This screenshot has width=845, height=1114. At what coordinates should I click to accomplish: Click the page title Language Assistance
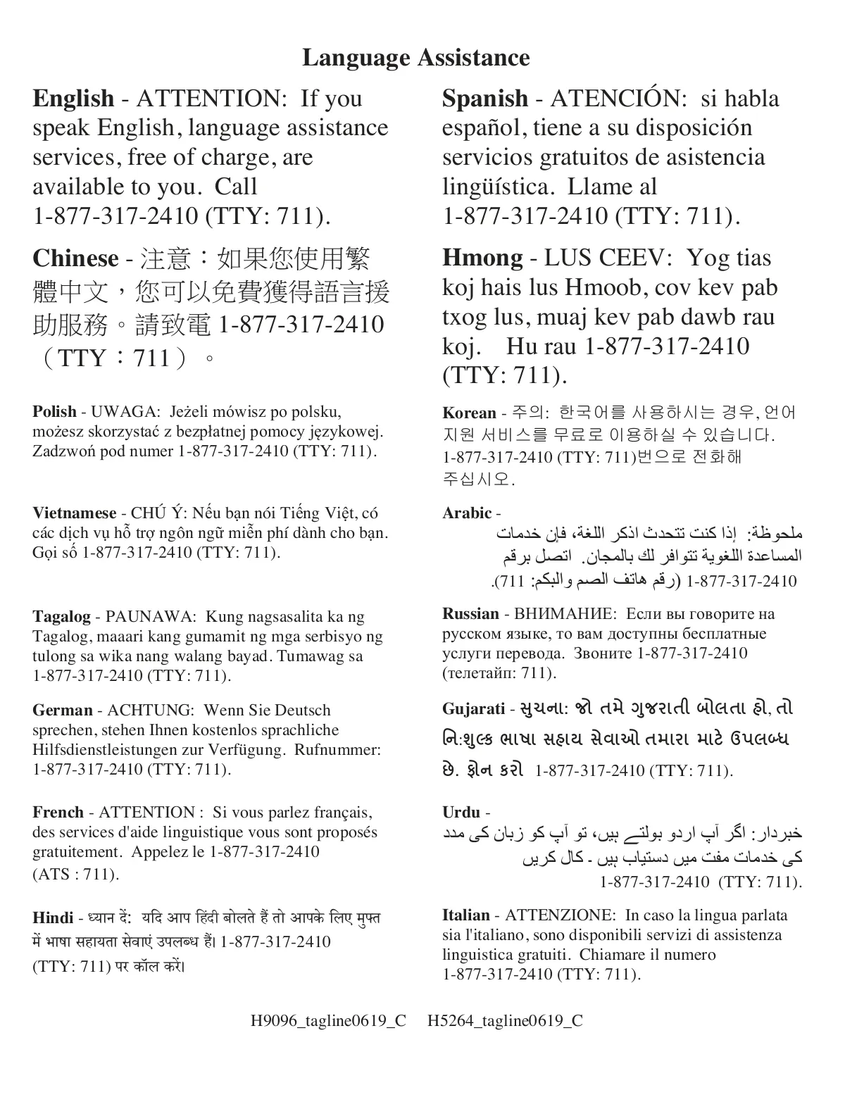click(415, 58)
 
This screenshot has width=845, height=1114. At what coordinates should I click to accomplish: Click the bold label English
click(73, 99)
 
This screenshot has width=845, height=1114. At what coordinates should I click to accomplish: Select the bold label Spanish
click(484, 99)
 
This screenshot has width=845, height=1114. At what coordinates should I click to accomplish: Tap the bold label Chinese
click(75, 258)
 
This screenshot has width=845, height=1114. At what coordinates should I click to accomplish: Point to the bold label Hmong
click(482, 258)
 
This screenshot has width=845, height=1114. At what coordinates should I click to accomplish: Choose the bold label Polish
click(54, 412)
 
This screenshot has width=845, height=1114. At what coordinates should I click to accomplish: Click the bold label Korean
click(469, 413)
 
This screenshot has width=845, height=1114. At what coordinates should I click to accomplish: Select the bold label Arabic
click(467, 513)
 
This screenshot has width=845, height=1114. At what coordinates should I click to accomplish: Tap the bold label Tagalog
click(61, 618)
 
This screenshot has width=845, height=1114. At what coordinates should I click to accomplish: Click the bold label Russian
click(470, 614)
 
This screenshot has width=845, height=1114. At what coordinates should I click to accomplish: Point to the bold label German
click(63, 711)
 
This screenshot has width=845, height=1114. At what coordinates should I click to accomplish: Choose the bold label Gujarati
click(473, 708)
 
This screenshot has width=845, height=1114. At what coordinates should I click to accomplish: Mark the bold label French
click(58, 813)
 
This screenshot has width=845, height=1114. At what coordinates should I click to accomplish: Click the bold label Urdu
click(461, 813)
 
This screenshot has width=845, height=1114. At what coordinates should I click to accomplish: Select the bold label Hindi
click(53, 918)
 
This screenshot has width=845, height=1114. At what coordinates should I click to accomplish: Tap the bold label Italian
click(465, 915)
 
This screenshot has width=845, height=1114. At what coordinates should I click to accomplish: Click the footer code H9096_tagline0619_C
click(328, 1021)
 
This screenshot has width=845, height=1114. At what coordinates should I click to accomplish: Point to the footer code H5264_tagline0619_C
click(505, 1021)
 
